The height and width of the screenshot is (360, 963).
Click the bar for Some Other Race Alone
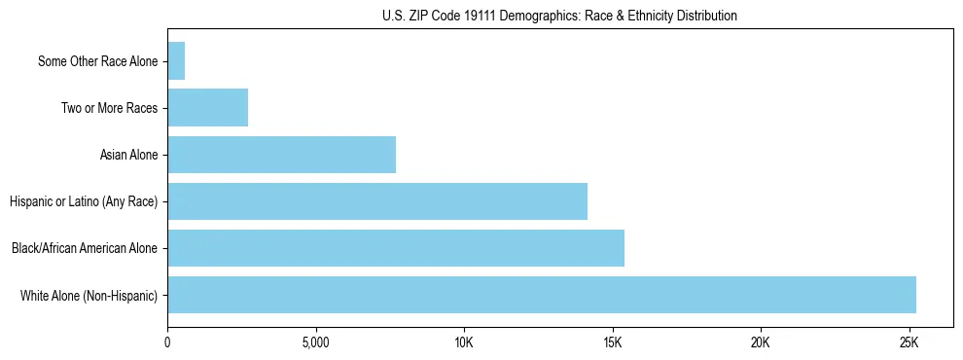[176, 61]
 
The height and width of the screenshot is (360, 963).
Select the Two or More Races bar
[207, 108]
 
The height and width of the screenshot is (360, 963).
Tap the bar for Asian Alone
[281, 155]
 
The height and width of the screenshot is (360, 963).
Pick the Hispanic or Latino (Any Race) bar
[377, 201]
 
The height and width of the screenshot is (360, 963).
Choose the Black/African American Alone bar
[396, 248]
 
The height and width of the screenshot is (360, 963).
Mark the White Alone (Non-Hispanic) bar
[542, 295]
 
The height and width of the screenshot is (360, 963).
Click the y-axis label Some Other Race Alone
[97, 61]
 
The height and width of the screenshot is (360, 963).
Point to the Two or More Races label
[109, 108]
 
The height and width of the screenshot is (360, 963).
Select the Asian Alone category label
[128, 155]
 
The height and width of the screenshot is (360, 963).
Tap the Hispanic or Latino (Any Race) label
[84, 201]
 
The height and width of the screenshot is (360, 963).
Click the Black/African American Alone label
[85, 248]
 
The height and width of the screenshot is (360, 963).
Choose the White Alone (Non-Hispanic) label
[89, 295]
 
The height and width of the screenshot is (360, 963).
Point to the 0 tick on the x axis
[167, 343]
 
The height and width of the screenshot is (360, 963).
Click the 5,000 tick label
[316, 343]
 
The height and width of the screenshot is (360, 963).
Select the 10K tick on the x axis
[464, 343]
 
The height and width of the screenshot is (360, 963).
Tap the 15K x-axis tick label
[612, 343]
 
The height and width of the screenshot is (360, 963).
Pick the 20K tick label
[761, 343]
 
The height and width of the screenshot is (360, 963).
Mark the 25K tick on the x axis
[909, 343]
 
